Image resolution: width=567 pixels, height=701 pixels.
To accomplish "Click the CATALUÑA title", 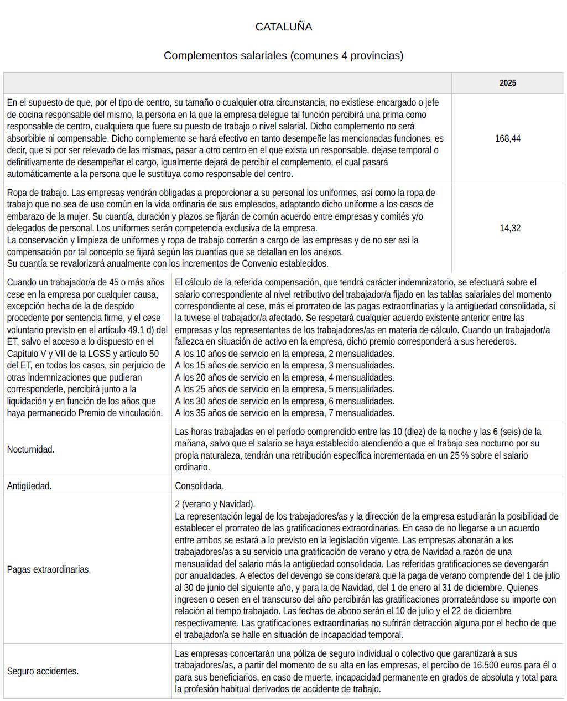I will (x=283, y=27).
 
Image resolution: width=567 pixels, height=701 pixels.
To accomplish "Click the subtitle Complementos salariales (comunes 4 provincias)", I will (x=283, y=55).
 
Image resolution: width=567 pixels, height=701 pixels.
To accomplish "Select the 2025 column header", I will (x=507, y=83).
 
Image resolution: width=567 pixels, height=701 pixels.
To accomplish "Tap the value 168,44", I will (x=507, y=138).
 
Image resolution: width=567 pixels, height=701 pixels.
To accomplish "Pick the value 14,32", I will (x=509, y=228).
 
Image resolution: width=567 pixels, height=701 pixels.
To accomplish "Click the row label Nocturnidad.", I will (x=31, y=449).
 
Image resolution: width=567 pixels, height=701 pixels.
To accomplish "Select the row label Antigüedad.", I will (x=29, y=486).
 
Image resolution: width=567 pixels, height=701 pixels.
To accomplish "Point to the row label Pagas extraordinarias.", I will (x=49, y=569).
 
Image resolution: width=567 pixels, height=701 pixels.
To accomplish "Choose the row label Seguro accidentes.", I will (x=43, y=671).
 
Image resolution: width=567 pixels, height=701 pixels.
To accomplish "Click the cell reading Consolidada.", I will (x=199, y=486).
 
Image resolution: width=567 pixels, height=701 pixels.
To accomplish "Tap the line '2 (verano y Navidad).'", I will (x=215, y=504).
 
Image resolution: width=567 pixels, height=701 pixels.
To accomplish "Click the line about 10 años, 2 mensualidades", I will (x=284, y=354).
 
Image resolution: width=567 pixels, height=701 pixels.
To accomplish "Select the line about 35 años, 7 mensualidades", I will (x=284, y=413).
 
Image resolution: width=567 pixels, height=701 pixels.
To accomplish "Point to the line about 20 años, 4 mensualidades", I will (x=284, y=377).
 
